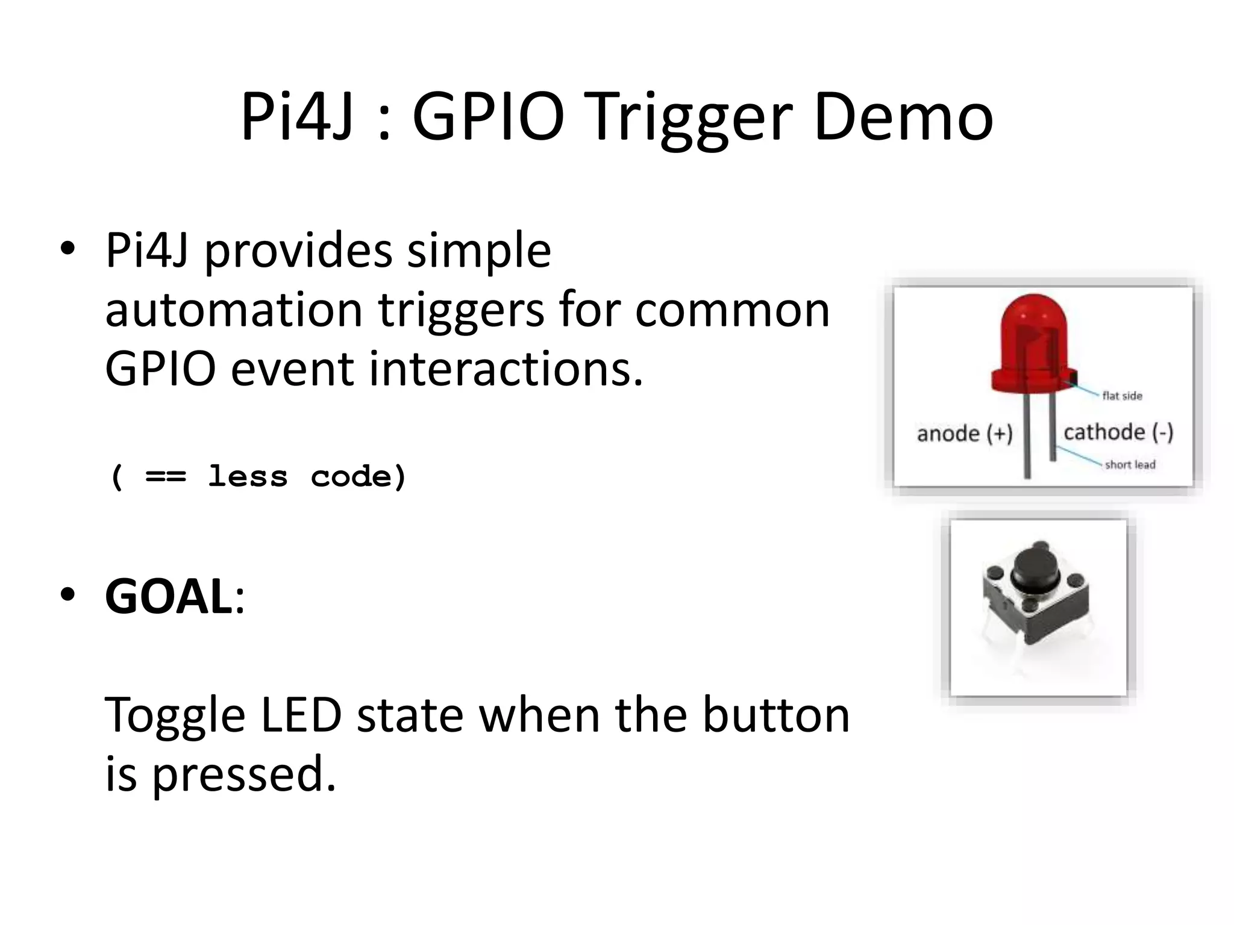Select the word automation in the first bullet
coord(233,310)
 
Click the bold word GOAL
coord(169,596)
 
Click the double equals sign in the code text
coord(166,477)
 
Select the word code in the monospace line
coord(359,477)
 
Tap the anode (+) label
coord(964,434)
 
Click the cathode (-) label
coord(1118,432)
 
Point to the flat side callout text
coord(1122,396)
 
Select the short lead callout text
coord(1130,464)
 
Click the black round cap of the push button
coord(1035,569)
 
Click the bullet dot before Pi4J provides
coord(67,249)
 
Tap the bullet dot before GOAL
coord(67,594)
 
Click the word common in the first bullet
coord(732,310)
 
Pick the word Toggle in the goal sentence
coord(175,716)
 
